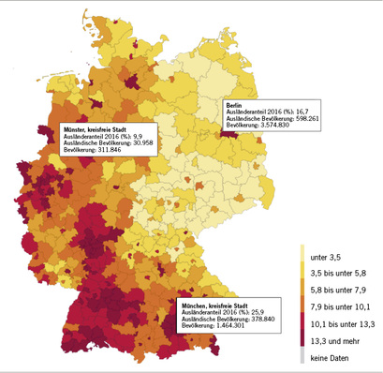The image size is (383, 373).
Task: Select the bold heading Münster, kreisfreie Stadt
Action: (x=98, y=127)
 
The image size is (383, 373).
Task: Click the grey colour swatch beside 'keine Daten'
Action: (x=302, y=355)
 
